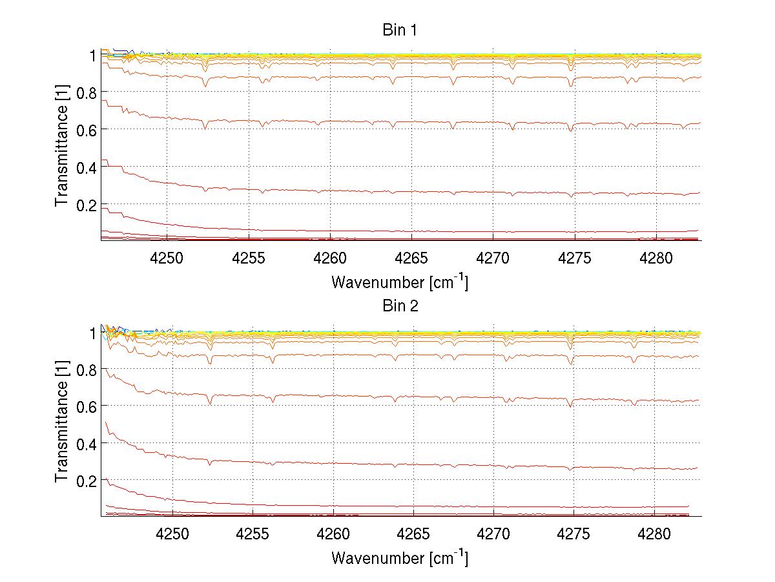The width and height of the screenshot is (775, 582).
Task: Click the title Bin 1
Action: (400, 30)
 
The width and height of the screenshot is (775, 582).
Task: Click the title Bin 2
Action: (400, 306)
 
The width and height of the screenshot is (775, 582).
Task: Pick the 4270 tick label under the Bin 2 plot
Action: (493, 534)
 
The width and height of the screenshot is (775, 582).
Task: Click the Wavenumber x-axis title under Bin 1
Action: (400, 282)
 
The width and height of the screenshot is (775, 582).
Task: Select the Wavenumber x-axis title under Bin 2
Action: (400, 557)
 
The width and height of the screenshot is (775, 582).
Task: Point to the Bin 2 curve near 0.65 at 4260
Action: (333, 395)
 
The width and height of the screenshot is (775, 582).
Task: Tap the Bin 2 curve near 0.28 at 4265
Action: (413, 464)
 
